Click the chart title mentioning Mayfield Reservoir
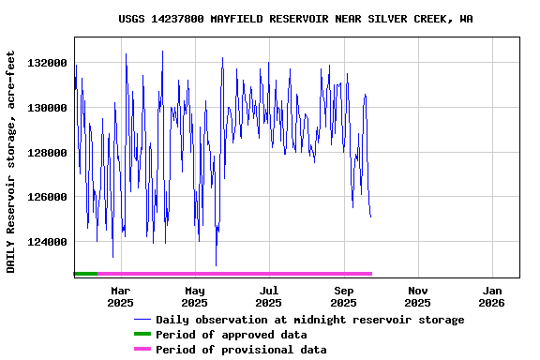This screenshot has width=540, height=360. [x=295, y=19]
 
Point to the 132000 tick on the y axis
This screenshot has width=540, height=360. [x=47, y=63]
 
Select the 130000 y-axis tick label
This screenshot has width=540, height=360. [x=47, y=108]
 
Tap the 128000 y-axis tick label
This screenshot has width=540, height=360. [x=47, y=153]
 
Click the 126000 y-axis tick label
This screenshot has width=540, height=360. [x=47, y=198]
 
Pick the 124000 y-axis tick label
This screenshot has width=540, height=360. [x=47, y=243]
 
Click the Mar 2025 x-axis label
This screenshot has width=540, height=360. [x=120, y=296]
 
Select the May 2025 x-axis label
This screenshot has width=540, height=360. [x=195, y=296]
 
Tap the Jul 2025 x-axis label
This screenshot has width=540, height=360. [x=269, y=296]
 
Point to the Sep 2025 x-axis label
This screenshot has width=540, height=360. [x=344, y=296]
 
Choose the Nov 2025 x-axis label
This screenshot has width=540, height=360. [x=418, y=296]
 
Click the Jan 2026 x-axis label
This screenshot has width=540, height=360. [x=492, y=296]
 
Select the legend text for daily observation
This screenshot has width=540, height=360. [x=309, y=320]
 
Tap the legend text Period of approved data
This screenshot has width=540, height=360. [x=231, y=335]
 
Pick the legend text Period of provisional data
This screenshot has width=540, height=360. [x=241, y=350]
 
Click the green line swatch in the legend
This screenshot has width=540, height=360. [x=142, y=335]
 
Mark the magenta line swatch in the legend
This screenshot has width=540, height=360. [x=142, y=350]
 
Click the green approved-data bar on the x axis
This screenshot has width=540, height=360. [x=85, y=274]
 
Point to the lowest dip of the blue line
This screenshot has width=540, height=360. [x=216, y=265]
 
